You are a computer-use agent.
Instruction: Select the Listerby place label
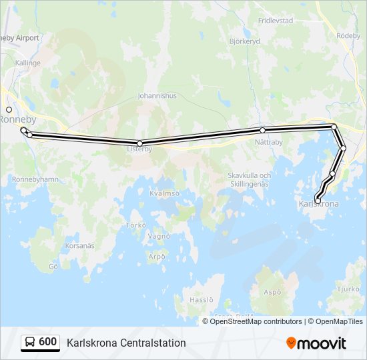[x=139, y=149]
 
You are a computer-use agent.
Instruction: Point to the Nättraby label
[x=269, y=141]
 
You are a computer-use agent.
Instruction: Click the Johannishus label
[x=157, y=95]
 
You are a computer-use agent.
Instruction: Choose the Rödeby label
[x=348, y=35]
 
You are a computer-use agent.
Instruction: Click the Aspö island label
[x=272, y=292]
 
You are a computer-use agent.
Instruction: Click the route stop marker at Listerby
[x=139, y=143]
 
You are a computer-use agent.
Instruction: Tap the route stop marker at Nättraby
[x=263, y=130]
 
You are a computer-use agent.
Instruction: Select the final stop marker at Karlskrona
[x=318, y=201]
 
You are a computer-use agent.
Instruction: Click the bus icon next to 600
[x=30, y=342]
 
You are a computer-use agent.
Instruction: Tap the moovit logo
[x=316, y=343]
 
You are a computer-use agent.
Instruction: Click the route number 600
[x=48, y=342]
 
